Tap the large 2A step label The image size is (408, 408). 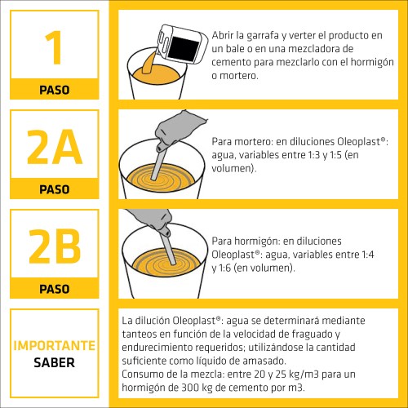pos(55,147)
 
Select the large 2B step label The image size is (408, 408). pos(55,246)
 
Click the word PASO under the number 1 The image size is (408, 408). pos(55,90)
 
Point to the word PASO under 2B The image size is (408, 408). pos(55,289)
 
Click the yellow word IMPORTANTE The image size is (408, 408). pos(55,346)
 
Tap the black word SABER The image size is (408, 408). pos(55,362)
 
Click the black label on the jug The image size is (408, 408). pos(183,49)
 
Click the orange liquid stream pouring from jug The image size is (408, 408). pos(149,63)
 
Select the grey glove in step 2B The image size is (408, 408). pos(153,219)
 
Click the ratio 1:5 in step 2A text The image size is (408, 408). pos(336,155)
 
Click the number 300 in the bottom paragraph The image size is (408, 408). pos(190,388)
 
